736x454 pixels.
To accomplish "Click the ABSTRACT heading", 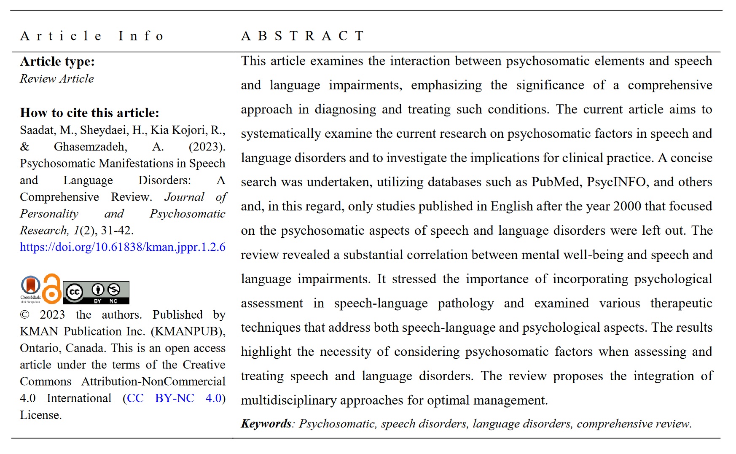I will point(302,36).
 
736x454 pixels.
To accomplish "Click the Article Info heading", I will point(91,36).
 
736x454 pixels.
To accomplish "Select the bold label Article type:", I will point(57,62).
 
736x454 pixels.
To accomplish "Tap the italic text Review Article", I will point(57,79).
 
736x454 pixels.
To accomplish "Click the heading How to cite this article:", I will point(89,113).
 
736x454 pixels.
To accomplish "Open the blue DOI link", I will point(123,247).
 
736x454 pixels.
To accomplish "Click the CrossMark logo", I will point(30,289).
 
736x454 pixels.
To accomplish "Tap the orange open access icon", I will point(52,289).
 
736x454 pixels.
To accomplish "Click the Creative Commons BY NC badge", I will point(96,293).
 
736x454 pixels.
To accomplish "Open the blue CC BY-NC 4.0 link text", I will point(174,398).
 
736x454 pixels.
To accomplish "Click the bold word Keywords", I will point(266,424).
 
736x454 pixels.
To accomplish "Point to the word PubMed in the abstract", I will point(556,182).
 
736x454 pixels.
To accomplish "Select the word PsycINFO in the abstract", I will point(616,182).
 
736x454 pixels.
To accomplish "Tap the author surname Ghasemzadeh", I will point(90,147).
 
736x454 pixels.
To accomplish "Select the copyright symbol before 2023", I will point(25,315).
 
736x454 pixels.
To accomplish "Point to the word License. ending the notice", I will point(41,415).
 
